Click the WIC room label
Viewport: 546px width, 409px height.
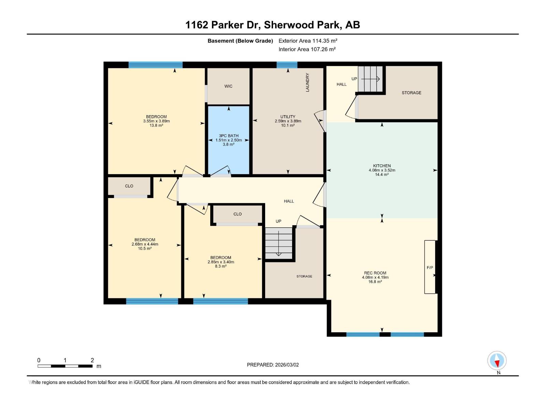tap(228, 86)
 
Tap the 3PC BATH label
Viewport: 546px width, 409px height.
tap(229, 136)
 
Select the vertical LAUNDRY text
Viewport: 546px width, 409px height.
tap(307, 82)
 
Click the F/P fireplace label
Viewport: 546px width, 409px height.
tap(430, 268)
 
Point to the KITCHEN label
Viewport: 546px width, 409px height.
tap(382, 166)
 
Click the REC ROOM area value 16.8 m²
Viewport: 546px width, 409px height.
tap(375, 282)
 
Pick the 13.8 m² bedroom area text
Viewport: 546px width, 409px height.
tap(156, 125)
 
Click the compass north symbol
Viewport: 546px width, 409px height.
tap(497, 361)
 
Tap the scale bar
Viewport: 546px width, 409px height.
tap(65, 366)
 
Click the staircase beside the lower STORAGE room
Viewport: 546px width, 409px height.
tap(279, 243)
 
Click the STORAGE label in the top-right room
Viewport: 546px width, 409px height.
tap(411, 93)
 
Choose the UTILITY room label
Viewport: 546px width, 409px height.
tap(288, 117)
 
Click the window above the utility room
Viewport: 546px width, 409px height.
tap(287, 65)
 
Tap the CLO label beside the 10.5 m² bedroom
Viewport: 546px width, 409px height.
tap(129, 186)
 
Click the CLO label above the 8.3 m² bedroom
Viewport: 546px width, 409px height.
tap(238, 214)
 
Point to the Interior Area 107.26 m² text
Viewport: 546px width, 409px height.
tap(307, 49)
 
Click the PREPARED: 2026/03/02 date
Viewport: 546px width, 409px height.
tap(273, 365)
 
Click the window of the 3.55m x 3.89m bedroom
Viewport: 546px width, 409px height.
tap(155, 65)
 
